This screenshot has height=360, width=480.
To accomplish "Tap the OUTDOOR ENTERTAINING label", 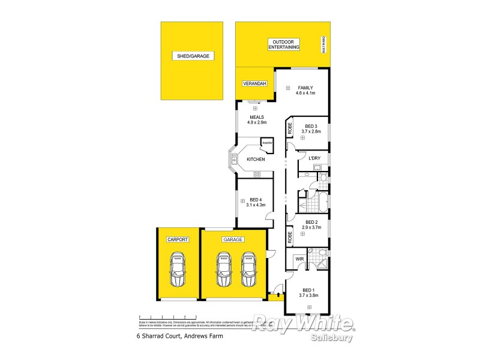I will pyautogui.click(x=284, y=44).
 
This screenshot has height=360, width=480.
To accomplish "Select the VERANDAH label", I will pyautogui.click(x=254, y=83).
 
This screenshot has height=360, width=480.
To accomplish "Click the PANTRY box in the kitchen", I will pyautogui.click(x=267, y=143).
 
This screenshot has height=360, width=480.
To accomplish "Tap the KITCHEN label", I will pyautogui.click(x=256, y=159).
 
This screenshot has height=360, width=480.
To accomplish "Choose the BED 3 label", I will pyautogui.click(x=311, y=126).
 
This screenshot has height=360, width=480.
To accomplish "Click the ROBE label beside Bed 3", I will pyautogui.click(x=289, y=127).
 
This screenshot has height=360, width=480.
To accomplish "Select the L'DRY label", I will pyautogui.click(x=314, y=158).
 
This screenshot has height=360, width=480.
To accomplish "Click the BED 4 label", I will pyautogui.click(x=256, y=200).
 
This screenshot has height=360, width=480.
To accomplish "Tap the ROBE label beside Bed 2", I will pyautogui.click(x=289, y=237).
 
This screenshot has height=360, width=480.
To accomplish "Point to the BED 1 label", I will pyautogui.click(x=308, y=289).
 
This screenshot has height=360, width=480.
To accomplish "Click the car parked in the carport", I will pyautogui.click(x=178, y=270).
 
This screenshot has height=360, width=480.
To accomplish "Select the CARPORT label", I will pyautogui.click(x=178, y=239).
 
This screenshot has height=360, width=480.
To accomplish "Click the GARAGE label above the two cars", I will pyautogui.click(x=233, y=239).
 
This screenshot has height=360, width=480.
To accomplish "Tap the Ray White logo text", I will pyautogui.click(x=303, y=324).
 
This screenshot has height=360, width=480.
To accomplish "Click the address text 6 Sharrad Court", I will pyautogui.click(x=179, y=337).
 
